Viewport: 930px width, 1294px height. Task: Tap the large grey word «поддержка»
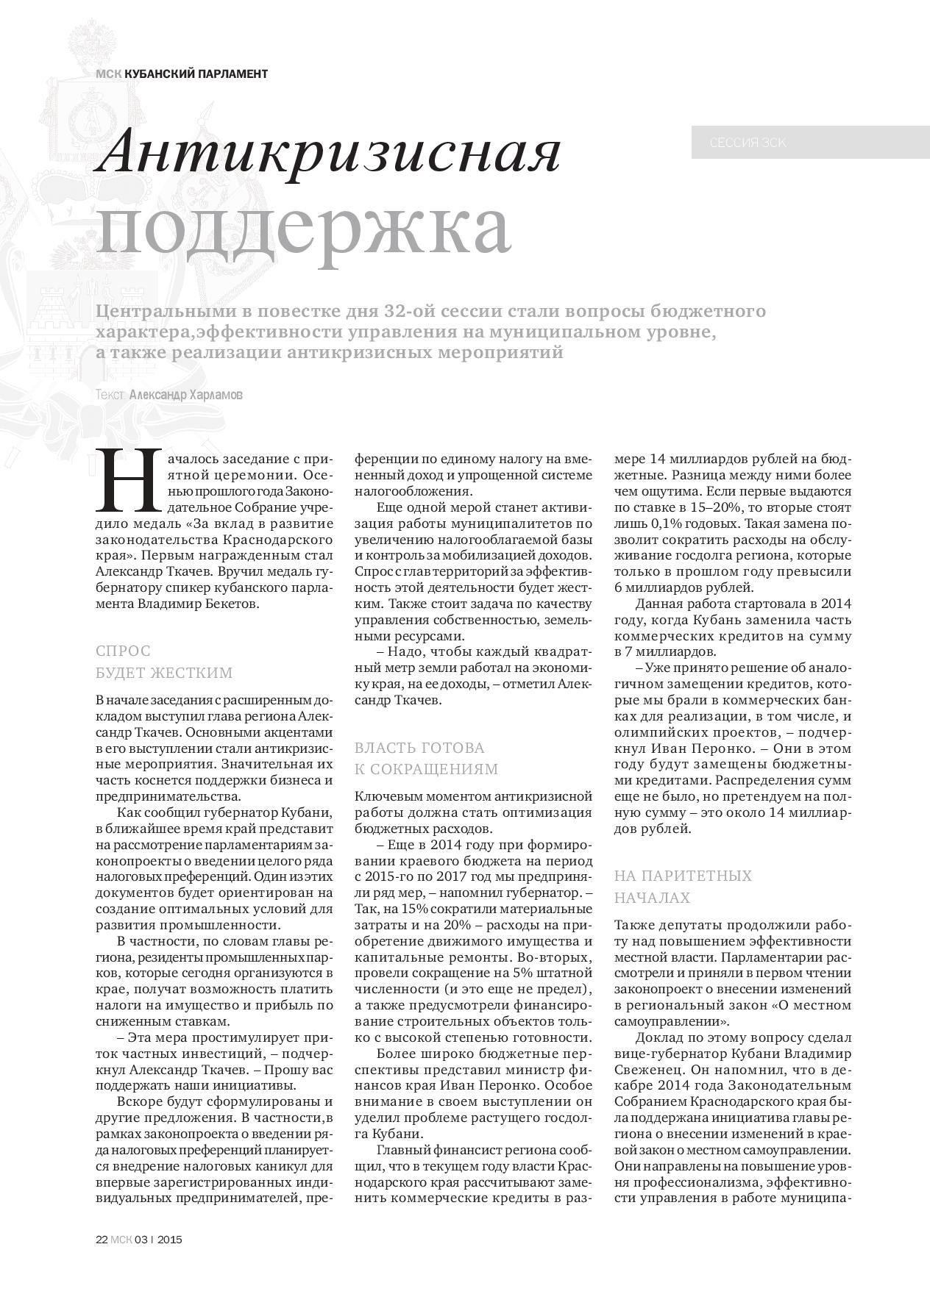(303, 226)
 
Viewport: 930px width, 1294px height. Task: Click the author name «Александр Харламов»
(185, 395)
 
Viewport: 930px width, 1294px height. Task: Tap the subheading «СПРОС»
(123, 651)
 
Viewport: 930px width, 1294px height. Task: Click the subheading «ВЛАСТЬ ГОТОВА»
(419, 748)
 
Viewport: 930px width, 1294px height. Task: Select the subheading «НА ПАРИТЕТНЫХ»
(683, 876)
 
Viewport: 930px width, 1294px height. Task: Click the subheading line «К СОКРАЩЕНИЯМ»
(426, 769)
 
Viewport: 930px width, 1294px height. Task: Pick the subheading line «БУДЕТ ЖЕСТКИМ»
(164, 673)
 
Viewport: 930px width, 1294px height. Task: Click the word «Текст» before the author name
(110, 395)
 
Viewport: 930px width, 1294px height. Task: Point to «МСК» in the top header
(108, 74)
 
